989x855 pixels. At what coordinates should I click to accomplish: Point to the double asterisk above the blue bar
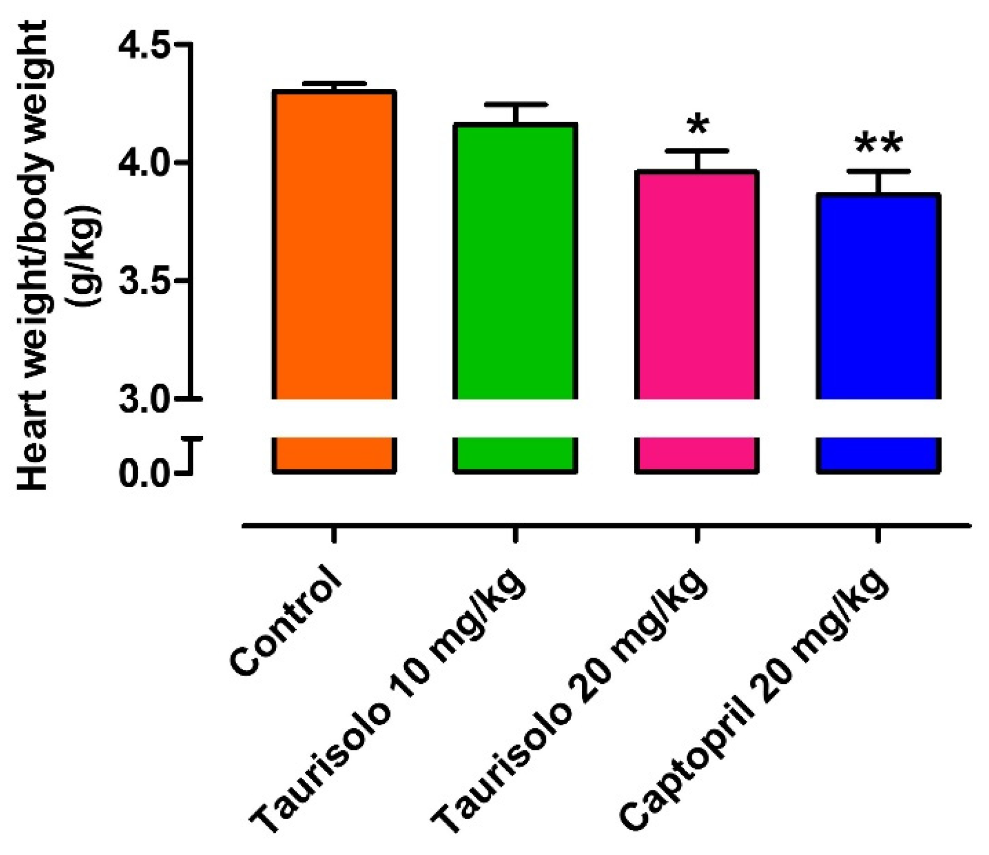click(878, 144)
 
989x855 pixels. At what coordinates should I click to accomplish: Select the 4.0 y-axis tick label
click(143, 163)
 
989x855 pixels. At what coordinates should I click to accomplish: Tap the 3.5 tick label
click(143, 281)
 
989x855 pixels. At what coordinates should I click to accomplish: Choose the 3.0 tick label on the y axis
click(143, 399)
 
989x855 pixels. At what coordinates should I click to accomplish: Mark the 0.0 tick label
click(143, 473)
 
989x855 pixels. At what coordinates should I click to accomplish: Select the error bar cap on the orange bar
click(334, 83)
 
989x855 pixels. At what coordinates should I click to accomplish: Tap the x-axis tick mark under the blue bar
click(878, 535)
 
